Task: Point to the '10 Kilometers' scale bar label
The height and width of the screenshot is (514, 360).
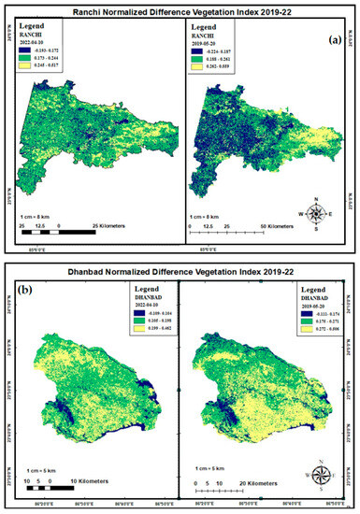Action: (83, 483)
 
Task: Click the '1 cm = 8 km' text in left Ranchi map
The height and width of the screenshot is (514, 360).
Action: (35, 214)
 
